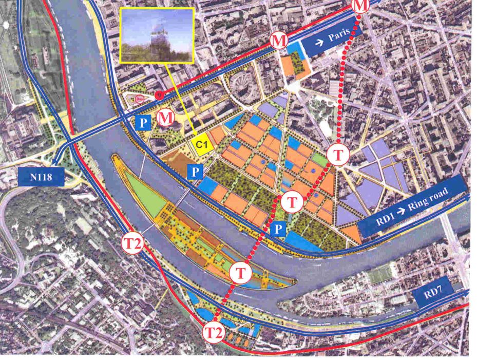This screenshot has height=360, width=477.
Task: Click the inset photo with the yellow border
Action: point(157,35)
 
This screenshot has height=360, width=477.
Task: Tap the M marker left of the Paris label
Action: point(278,40)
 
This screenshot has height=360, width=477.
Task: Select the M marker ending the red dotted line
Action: point(361,5)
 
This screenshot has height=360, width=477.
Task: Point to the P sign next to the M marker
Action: point(143,122)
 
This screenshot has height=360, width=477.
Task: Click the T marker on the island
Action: point(240,272)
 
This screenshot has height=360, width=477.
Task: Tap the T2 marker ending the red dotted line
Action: point(214,332)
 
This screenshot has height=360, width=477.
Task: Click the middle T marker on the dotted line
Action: point(292,201)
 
